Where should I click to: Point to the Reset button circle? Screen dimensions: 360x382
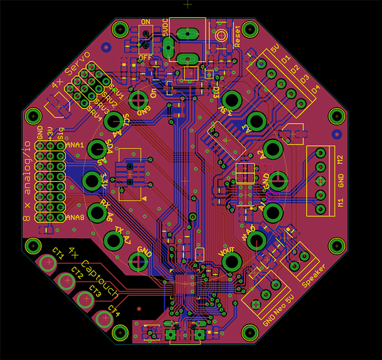221,36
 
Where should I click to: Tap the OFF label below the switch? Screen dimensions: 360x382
145,57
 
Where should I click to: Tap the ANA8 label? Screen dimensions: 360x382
74,218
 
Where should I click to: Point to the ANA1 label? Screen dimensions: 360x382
74,146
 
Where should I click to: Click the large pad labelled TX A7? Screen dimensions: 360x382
114,239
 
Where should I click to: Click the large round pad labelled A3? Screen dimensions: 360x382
256,121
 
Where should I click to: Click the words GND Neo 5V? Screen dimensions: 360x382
277,308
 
